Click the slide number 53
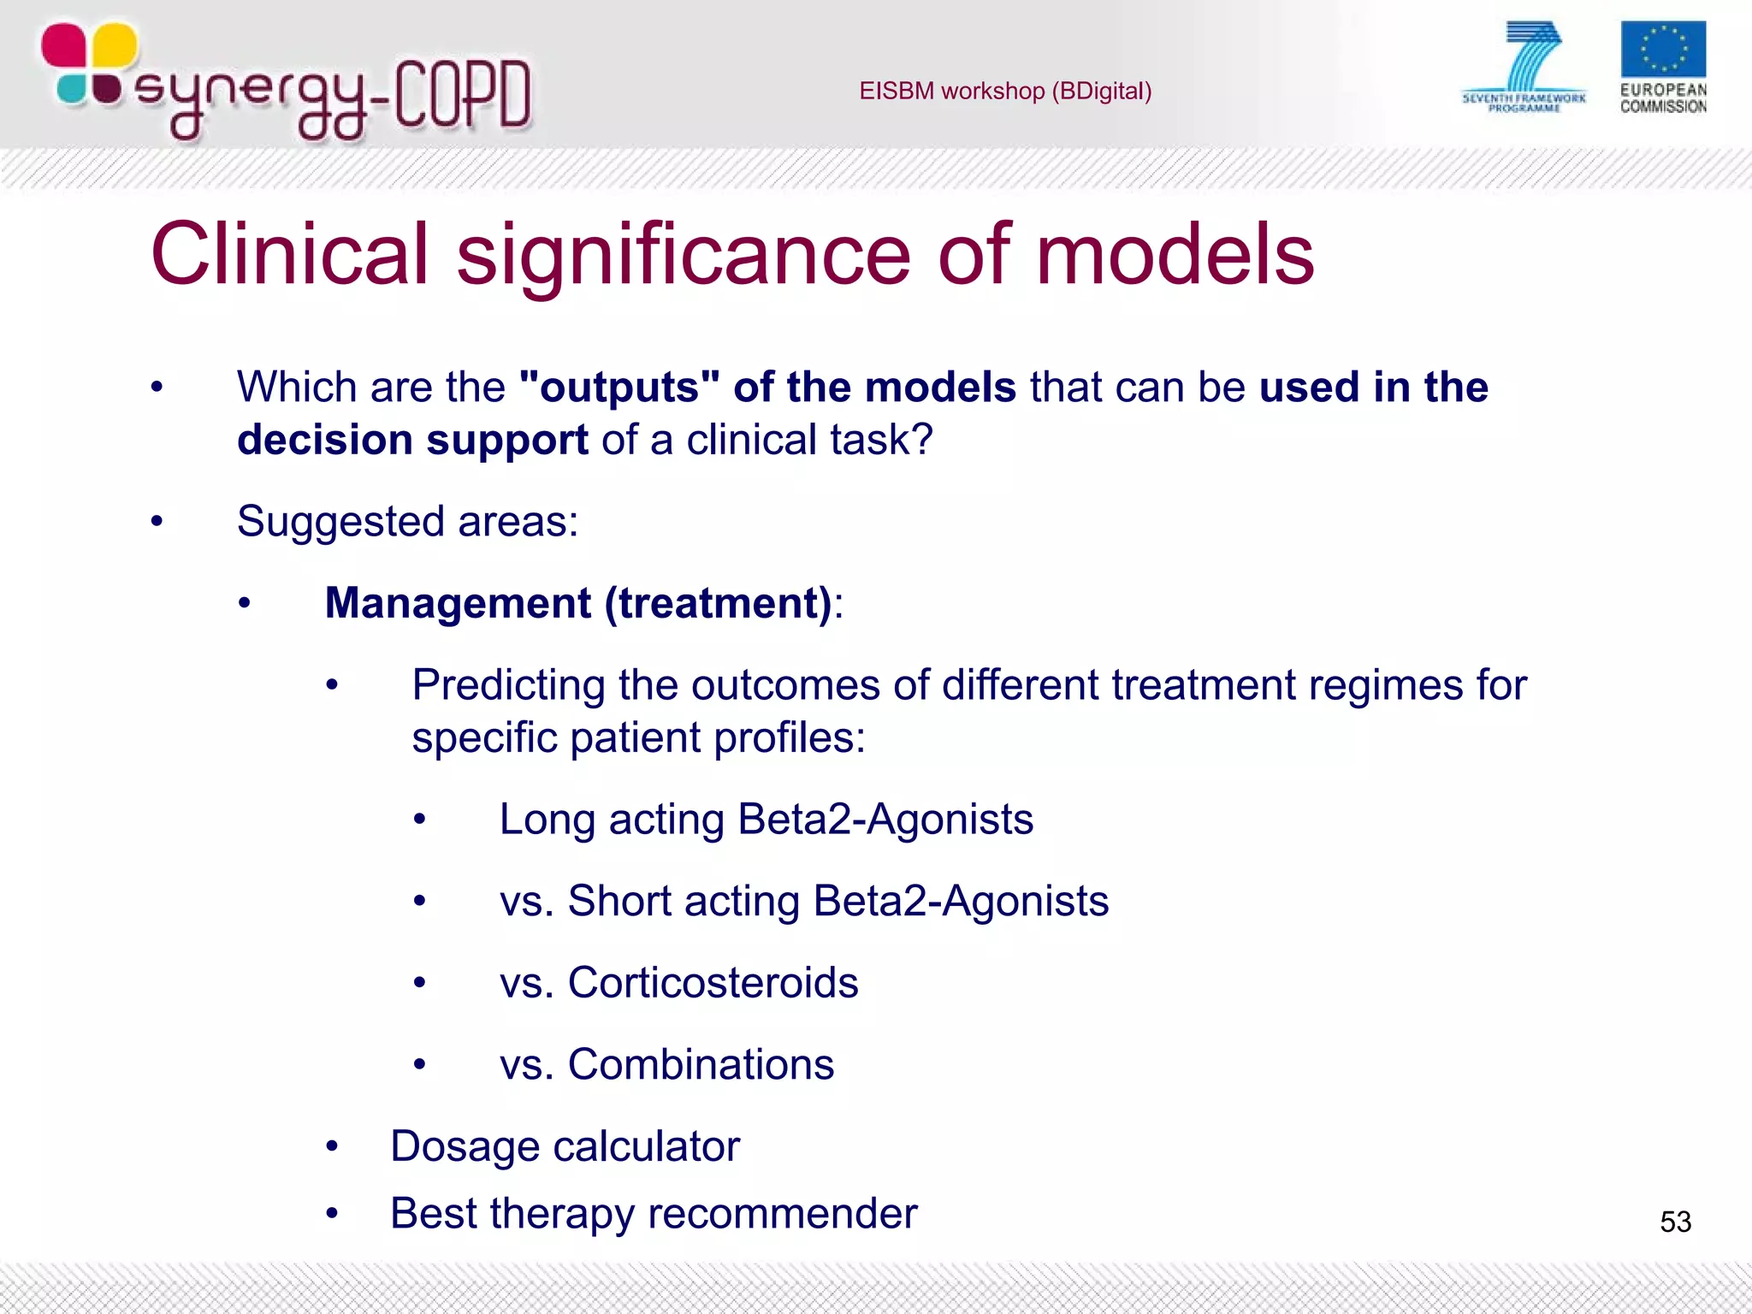(x=1675, y=1222)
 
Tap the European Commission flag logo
(x=1662, y=50)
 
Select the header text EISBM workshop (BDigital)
(x=1005, y=91)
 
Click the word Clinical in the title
(x=289, y=254)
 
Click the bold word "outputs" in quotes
(x=619, y=388)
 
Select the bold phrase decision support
(x=412, y=440)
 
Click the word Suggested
(x=340, y=521)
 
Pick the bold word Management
(x=458, y=603)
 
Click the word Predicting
(x=508, y=685)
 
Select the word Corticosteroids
(x=713, y=983)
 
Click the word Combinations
(x=701, y=1065)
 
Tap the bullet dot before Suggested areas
(x=157, y=521)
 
